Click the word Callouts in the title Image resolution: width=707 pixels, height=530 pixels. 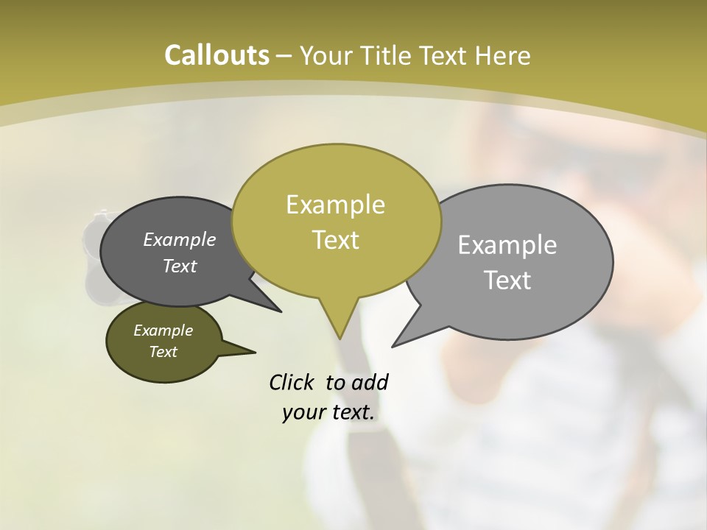tap(217, 55)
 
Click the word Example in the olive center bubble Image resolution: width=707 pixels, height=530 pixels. tap(335, 205)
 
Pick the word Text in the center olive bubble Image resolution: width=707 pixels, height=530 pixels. tap(335, 240)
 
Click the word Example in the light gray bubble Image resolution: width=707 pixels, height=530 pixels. tap(507, 244)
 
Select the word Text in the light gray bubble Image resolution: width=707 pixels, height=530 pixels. tap(507, 280)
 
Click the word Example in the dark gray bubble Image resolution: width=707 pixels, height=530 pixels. tap(180, 239)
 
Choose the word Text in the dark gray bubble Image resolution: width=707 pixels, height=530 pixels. tap(180, 266)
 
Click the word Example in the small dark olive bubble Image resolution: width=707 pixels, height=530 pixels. tap(163, 331)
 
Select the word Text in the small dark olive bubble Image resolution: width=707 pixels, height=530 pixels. tap(163, 352)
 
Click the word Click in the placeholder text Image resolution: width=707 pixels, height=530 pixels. tap(292, 382)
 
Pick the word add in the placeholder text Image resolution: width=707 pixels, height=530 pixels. tap(370, 382)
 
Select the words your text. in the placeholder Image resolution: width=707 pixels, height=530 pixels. tap(328, 412)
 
